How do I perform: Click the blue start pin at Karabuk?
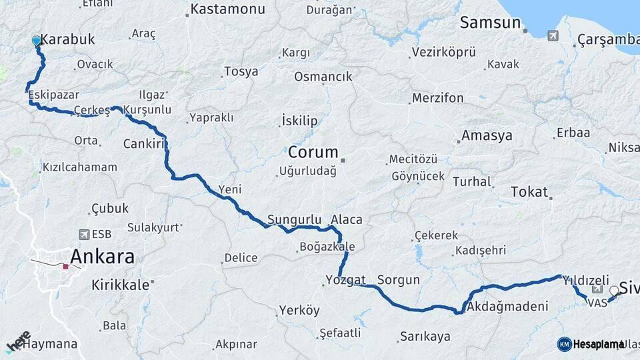click(37, 41)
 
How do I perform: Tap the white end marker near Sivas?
click(614, 291)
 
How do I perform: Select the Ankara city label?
click(102, 256)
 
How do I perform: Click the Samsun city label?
click(489, 23)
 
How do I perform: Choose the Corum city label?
click(313, 151)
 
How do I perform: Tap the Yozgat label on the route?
click(345, 279)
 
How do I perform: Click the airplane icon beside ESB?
click(84, 234)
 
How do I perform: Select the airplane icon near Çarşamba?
click(553, 35)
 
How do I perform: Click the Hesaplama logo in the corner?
click(591, 344)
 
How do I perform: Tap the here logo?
click(18, 342)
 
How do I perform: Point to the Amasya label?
click(487, 136)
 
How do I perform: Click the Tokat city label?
click(529, 192)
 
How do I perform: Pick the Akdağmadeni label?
click(507, 307)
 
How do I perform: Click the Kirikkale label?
click(120, 284)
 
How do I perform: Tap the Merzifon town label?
click(437, 98)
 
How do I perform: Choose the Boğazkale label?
click(327, 247)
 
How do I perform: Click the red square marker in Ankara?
click(65, 267)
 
